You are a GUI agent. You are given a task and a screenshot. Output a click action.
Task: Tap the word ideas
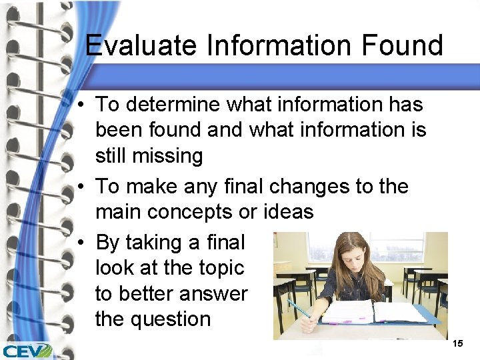[x=286, y=213]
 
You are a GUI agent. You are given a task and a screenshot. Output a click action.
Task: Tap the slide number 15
[x=457, y=343]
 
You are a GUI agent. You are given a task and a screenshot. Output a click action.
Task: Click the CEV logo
[x=27, y=351]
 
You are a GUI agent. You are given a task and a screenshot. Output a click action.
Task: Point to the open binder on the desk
[x=373, y=313]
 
